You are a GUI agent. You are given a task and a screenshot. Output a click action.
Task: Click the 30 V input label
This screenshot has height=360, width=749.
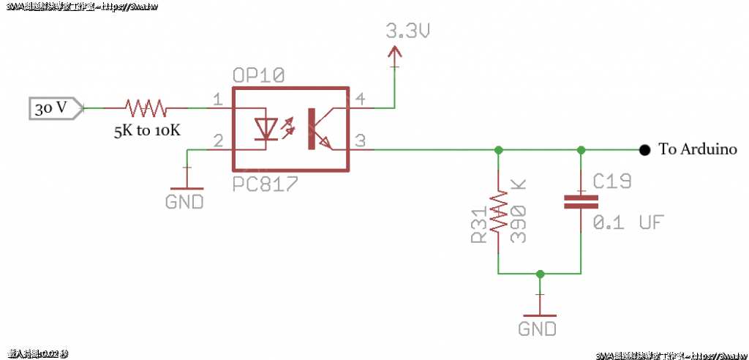(50, 108)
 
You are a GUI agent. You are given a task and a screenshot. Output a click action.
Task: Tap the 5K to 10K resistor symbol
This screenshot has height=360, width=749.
(146, 108)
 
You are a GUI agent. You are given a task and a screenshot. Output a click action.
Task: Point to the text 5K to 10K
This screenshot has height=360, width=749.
(146, 131)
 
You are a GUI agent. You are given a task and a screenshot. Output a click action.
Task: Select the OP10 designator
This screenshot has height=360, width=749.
(258, 76)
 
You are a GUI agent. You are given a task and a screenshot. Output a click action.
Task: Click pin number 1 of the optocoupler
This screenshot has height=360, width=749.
(217, 100)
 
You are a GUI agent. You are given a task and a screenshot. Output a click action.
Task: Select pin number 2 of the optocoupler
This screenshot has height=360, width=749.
(217, 140)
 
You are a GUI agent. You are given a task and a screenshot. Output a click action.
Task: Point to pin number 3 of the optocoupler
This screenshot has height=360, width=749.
(361, 140)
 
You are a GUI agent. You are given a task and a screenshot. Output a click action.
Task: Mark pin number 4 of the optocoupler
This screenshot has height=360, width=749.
(361, 100)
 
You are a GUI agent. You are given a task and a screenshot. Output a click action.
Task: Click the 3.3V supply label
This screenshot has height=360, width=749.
(407, 31)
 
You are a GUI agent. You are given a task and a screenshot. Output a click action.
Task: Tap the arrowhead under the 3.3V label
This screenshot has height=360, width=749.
(395, 53)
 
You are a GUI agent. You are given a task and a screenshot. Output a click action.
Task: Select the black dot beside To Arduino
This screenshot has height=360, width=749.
(644, 150)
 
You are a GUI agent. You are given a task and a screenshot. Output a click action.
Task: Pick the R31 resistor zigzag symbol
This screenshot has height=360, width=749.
(498, 211)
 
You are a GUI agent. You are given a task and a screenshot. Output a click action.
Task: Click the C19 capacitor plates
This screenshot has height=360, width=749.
(581, 201)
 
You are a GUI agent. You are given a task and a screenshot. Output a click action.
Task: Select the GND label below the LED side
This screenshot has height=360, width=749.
(184, 201)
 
